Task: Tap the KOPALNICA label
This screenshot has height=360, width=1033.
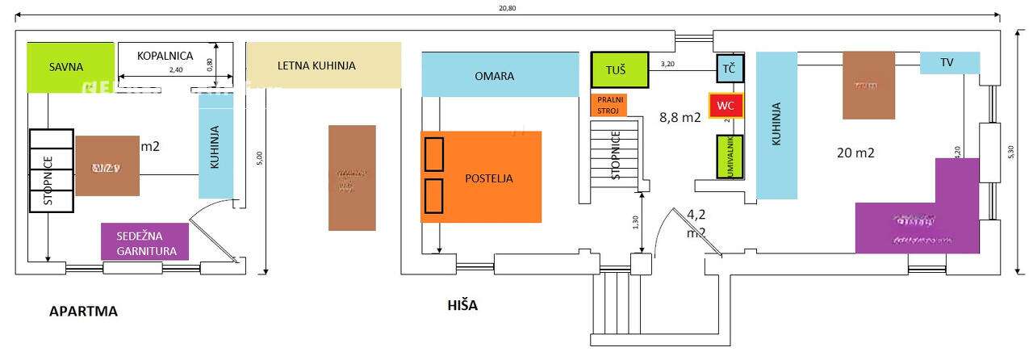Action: pyautogui.click(x=165, y=56)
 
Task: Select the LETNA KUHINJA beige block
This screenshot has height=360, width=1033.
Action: pyautogui.click(x=323, y=65)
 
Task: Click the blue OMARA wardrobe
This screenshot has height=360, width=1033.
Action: pyautogui.click(x=500, y=75)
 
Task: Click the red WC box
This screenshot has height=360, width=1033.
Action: pyautogui.click(x=725, y=106)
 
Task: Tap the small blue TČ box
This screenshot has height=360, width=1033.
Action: pyautogui.click(x=730, y=69)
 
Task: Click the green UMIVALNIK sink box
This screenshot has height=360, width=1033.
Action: pyautogui.click(x=730, y=157)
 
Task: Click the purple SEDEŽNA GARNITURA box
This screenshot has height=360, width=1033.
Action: pyautogui.click(x=144, y=241)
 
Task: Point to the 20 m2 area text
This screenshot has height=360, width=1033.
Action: pyautogui.click(x=855, y=152)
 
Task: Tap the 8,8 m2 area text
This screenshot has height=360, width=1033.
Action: pyautogui.click(x=680, y=117)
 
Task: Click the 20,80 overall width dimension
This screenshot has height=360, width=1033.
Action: pyautogui.click(x=508, y=7)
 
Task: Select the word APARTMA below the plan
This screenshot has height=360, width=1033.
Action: pyautogui.click(x=83, y=311)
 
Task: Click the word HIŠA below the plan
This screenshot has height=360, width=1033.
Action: pyautogui.click(x=462, y=305)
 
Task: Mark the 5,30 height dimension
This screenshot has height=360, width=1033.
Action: pyautogui.click(x=1012, y=152)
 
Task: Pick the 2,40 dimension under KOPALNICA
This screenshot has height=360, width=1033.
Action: pyautogui.click(x=175, y=71)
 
